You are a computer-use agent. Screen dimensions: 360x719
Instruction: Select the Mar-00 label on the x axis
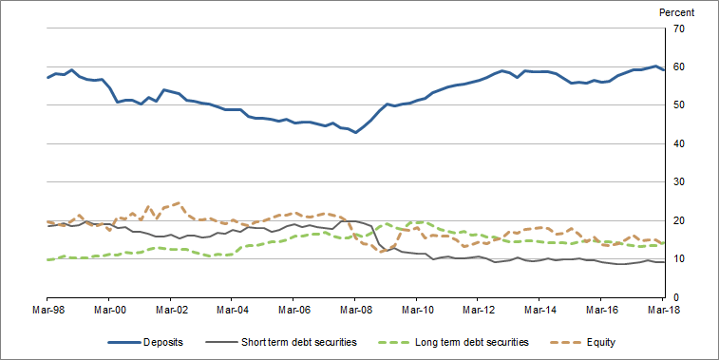click(110, 310)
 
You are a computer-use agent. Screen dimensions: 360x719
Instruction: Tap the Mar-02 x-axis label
click(171, 310)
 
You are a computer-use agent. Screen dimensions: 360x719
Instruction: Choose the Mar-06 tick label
click(293, 310)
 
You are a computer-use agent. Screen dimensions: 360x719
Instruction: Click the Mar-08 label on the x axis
click(355, 310)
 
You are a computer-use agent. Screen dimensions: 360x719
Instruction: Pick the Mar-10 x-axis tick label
click(416, 310)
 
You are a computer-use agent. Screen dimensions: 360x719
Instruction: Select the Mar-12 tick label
click(478, 310)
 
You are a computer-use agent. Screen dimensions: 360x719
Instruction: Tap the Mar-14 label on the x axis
click(539, 310)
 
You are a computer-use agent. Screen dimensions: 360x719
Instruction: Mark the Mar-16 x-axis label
click(600, 310)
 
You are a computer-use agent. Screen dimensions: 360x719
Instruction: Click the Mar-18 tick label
click(661, 310)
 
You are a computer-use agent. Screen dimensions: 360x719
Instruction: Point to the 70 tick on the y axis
click(678, 28)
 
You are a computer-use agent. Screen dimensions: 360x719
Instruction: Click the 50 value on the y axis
click(678, 105)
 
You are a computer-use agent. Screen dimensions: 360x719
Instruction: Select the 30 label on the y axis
click(678, 182)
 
